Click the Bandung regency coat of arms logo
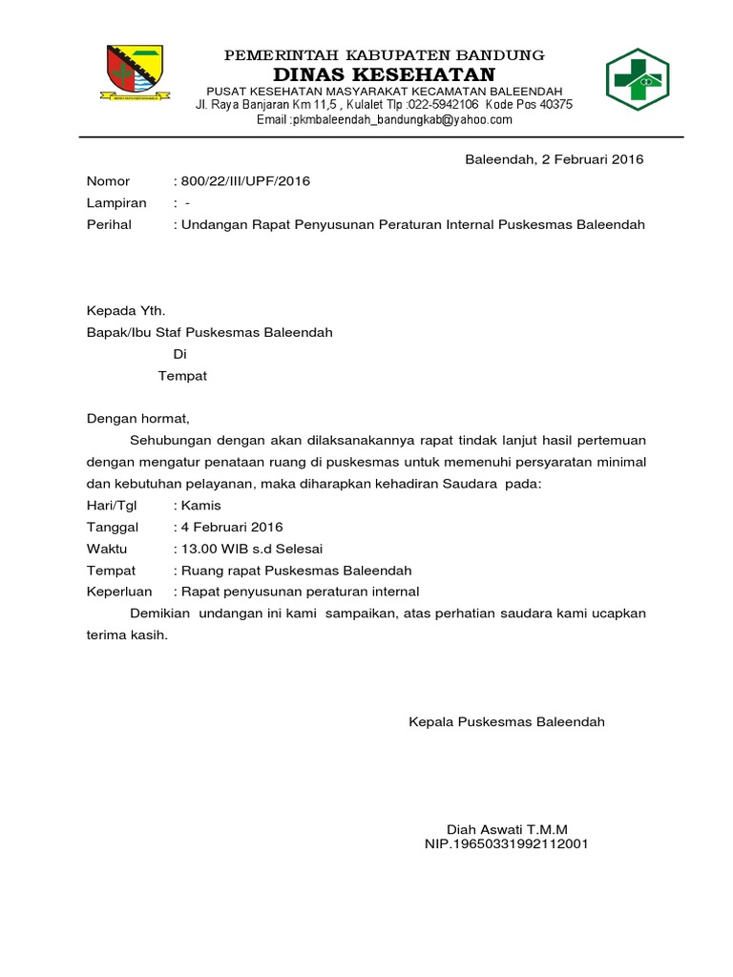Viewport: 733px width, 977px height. click(135, 74)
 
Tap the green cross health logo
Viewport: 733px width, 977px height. click(638, 80)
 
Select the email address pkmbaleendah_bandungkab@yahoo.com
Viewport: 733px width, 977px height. click(402, 120)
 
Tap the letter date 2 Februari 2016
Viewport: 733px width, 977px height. click(581, 159)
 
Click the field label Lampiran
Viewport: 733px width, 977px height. click(116, 203)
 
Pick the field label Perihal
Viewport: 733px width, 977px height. click(110, 225)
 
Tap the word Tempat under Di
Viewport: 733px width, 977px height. click(182, 376)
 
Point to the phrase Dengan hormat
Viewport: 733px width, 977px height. click(138, 418)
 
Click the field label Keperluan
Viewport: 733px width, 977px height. click(119, 592)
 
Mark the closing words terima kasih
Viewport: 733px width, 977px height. click(126, 634)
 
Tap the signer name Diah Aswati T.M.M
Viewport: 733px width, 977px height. click(506, 829)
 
